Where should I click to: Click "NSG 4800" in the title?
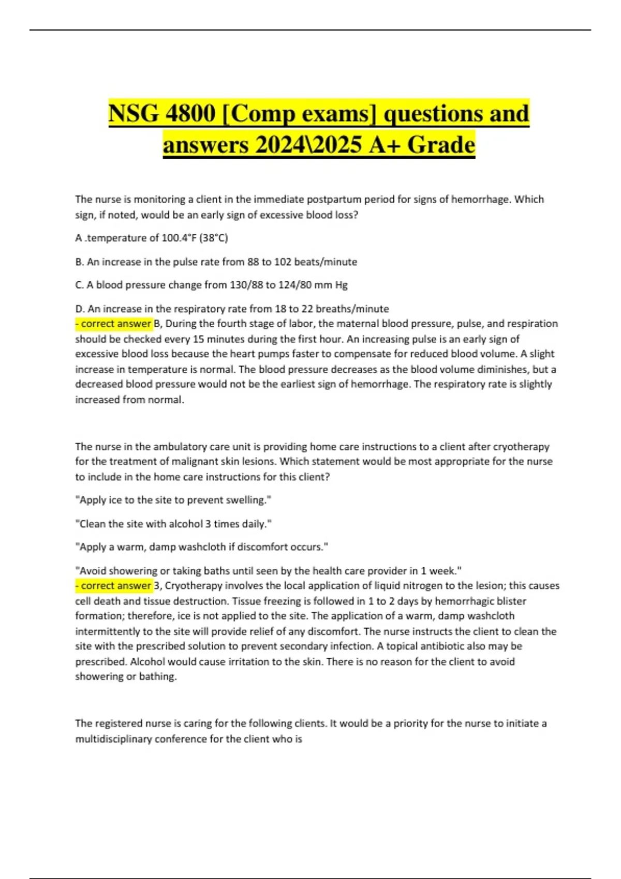pyautogui.click(x=161, y=114)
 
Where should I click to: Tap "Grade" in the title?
pyautogui.click(x=441, y=145)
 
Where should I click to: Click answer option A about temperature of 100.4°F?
pyautogui.click(x=152, y=238)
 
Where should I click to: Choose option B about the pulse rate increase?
pyautogui.click(x=216, y=262)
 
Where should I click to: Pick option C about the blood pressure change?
pyautogui.click(x=211, y=285)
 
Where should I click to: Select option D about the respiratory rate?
pyautogui.click(x=232, y=309)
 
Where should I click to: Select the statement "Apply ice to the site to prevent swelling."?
pyautogui.click(x=173, y=500)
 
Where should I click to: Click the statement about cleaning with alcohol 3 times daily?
pyautogui.click(x=173, y=524)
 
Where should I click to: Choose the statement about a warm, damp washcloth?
pyautogui.click(x=202, y=547)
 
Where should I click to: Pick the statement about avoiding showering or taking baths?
pyautogui.click(x=268, y=571)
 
